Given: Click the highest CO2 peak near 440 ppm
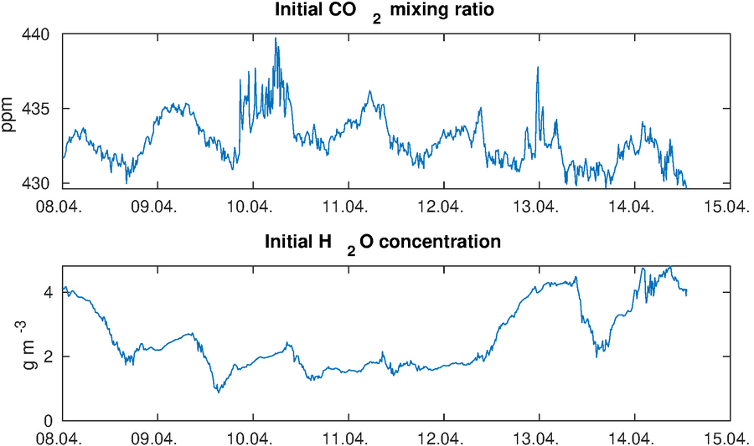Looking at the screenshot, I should (276, 38).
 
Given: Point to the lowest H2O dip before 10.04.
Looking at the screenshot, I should (218, 391).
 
